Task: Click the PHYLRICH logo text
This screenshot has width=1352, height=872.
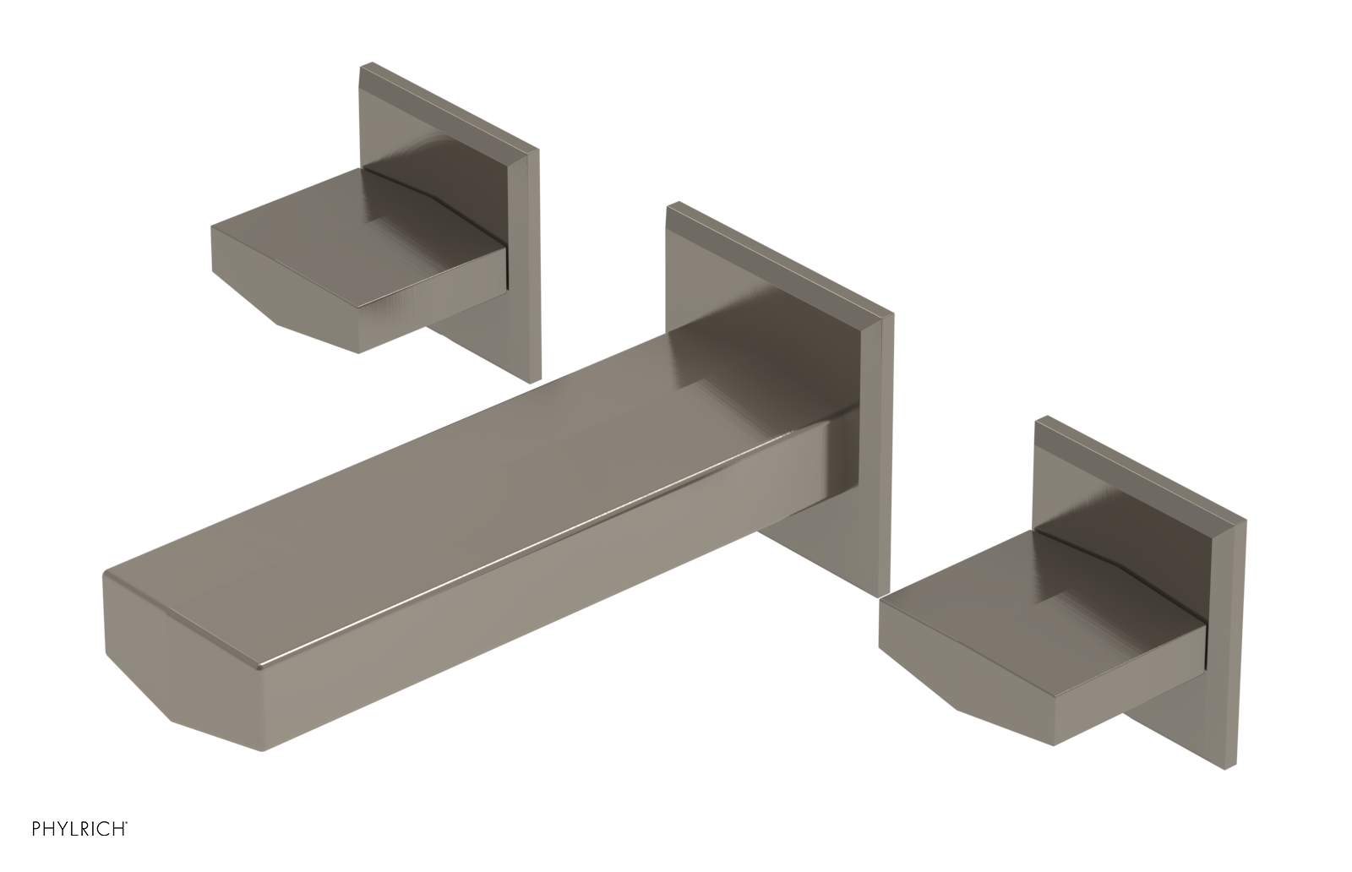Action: (64, 848)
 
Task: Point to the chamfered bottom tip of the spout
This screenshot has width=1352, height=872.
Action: (194, 722)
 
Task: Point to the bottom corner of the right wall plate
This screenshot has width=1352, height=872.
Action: (1225, 767)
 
